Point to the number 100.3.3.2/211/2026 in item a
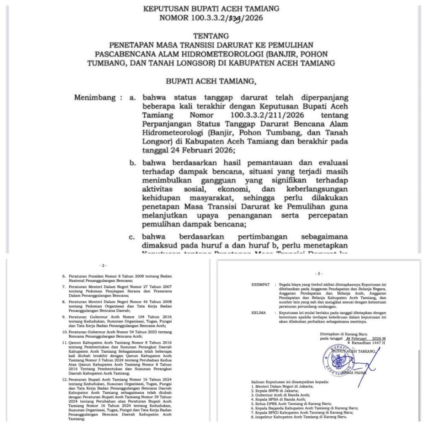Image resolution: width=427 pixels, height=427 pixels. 260,115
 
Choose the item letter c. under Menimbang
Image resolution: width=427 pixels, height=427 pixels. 133,237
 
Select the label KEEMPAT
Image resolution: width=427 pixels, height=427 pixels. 260,284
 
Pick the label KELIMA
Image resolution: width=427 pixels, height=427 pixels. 259,313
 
